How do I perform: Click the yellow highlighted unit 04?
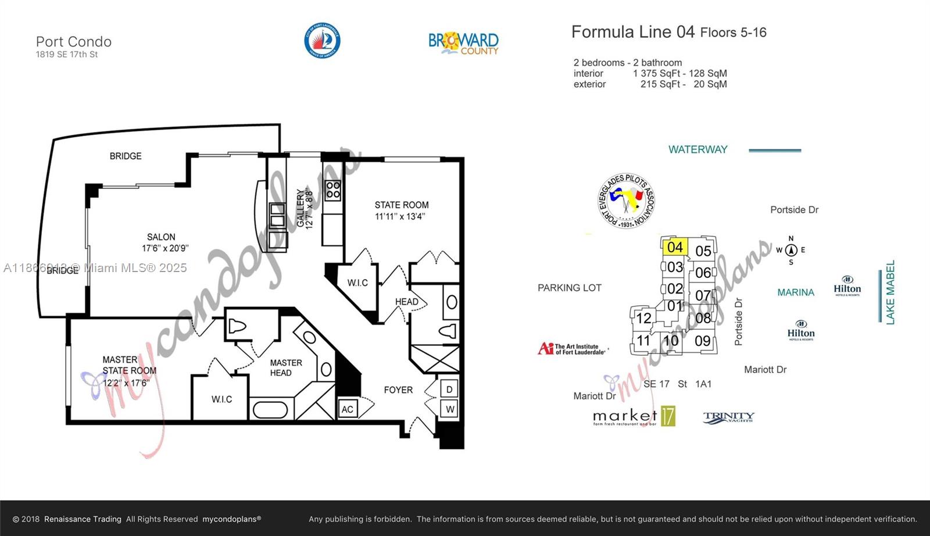pyautogui.click(x=675, y=246)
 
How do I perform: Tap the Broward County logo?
pyautogui.click(x=463, y=42)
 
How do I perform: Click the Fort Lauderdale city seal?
pyautogui.click(x=322, y=41)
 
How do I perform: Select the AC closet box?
pyautogui.click(x=348, y=409)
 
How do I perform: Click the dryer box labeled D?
pyautogui.click(x=450, y=388)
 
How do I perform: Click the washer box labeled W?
pyautogui.click(x=450, y=409)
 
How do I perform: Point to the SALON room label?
pyautogui.click(x=161, y=237)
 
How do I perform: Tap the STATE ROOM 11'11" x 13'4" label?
pyautogui.click(x=401, y=210)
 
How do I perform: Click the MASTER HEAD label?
pyautogui.click(x=285, y=367)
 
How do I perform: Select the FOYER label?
pyautogui.click(x=398, y=390)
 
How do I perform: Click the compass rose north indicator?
pyautogui.click(x=791, y=250)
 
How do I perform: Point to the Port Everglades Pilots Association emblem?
pyautogui.click(x=626, y=201)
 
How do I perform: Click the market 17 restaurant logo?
pyautogui.click(x=634, y=416)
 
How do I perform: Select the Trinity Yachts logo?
pyautogui.click(x=728, y=417)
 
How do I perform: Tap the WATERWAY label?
pyautogui.click(x=697, y=149)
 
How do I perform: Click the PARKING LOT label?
pyautogui.click(x=569, y=288)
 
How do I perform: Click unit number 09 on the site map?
pyautogui.click(x=703, y=341)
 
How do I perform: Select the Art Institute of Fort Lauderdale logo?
pyautogui.click(x=572, y=349)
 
